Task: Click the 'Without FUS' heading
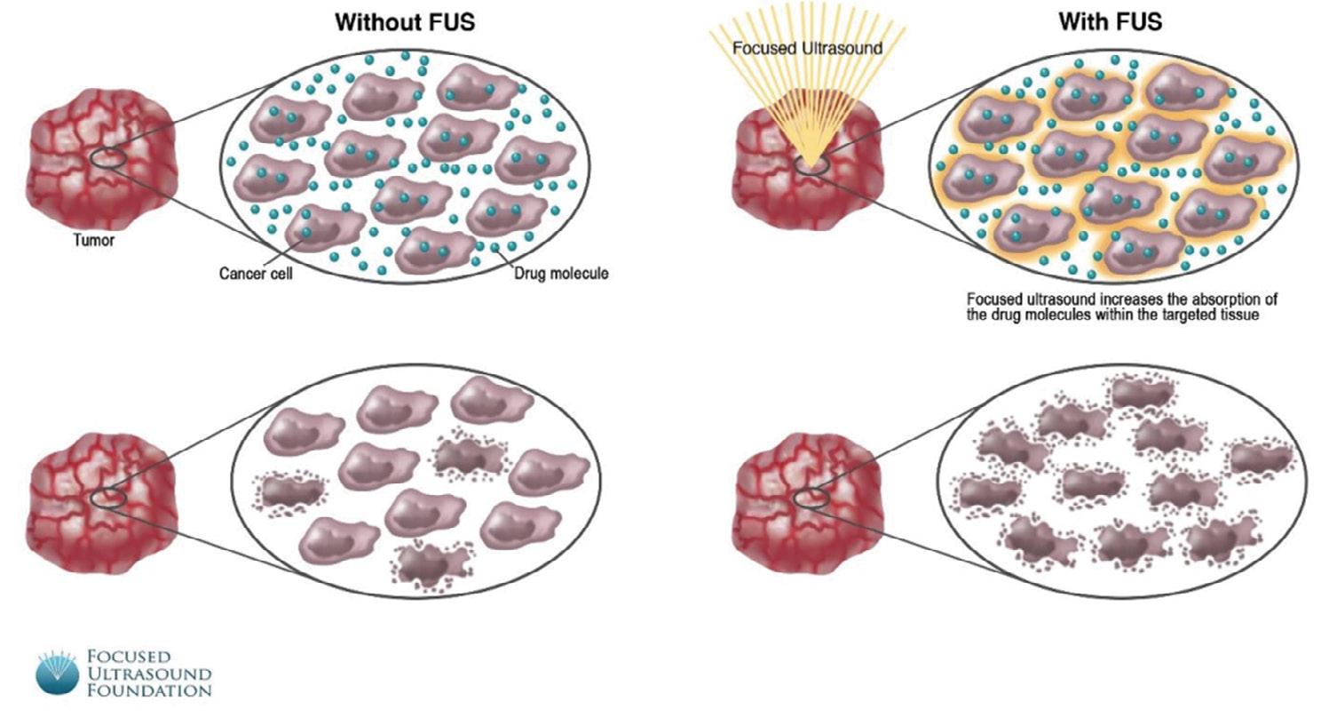click(405, 22)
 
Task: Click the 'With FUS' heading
click(1110, 22)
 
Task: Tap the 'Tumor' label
click(93, 240)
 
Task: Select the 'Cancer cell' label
click(256, 274)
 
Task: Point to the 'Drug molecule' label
click(561, 274)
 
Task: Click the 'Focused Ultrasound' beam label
click(807, 48)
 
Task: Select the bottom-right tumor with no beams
click(808, 502)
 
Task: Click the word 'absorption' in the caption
click(1200, 299)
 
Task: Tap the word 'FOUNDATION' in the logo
click(148, 690)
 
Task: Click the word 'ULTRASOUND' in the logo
click(148, 674)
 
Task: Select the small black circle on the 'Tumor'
click(108, 158)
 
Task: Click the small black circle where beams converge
click(811, 164)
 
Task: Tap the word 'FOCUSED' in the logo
click(128, 658)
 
